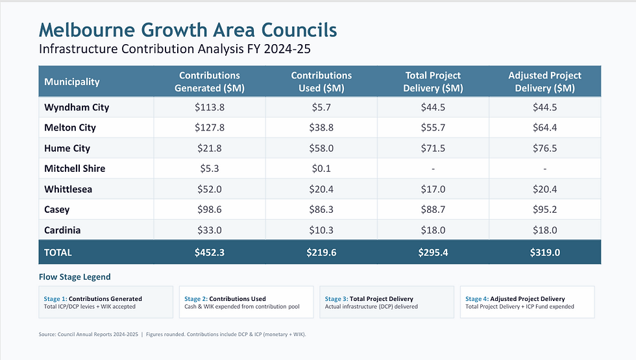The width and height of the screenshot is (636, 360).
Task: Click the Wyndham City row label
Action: click(77, 108)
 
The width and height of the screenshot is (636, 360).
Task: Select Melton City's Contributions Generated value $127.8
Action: click(209, 128)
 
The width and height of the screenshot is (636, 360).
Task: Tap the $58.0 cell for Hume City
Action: click(321, 148)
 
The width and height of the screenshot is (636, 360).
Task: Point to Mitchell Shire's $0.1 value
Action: click(321, 168)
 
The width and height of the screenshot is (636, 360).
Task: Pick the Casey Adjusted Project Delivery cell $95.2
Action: click(544, 210)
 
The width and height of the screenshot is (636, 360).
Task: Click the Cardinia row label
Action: click(62, 230)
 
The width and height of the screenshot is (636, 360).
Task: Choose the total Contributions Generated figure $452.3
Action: click(209, 252)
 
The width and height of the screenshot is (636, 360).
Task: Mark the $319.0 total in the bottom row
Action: click(544, 252)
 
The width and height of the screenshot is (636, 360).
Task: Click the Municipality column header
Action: click(72, 82)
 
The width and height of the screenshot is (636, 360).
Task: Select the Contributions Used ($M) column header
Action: click(321, 82)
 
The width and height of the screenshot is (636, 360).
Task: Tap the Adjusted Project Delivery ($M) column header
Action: click(544, 82)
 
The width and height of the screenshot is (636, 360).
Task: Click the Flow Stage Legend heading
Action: click(75, 277)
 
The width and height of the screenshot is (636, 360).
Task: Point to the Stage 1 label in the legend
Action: click(56, 299)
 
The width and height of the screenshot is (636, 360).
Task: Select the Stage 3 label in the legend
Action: click(336, 299)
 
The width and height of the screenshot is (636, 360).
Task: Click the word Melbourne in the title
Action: click(87, 30)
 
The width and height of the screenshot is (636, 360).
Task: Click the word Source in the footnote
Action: click(47, 335)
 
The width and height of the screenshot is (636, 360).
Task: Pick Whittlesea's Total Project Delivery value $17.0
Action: click(433, 189)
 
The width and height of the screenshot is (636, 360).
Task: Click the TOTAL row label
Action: click(58, 252)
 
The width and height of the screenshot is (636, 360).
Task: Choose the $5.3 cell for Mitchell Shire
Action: click(209, 168)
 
